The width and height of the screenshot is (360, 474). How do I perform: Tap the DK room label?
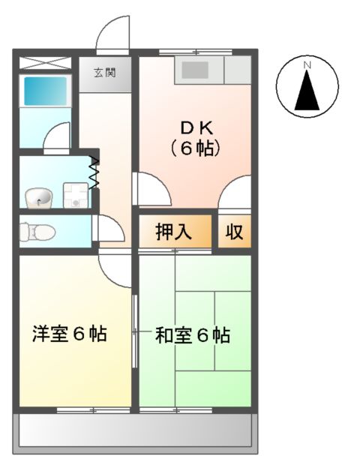(x=194, y=127)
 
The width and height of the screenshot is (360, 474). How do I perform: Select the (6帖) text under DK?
(x=194, y=148)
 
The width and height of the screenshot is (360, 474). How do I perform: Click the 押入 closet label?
(x=173, y=232)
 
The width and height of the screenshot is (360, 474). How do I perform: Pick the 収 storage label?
(x=235, y=232)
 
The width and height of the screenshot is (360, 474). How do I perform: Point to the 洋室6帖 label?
(x=69, y=334)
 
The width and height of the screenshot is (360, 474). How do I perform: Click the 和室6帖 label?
(x=192, y=334)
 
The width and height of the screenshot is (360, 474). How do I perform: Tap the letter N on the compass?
(x=306, y=66)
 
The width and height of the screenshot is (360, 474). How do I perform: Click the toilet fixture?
(x=37, y=232)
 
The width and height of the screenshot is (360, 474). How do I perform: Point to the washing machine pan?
(x=74, y=196)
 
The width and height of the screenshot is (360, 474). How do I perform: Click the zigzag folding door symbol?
(x=94, y=172)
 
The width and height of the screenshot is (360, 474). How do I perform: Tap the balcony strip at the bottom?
(x=136, y=432)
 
